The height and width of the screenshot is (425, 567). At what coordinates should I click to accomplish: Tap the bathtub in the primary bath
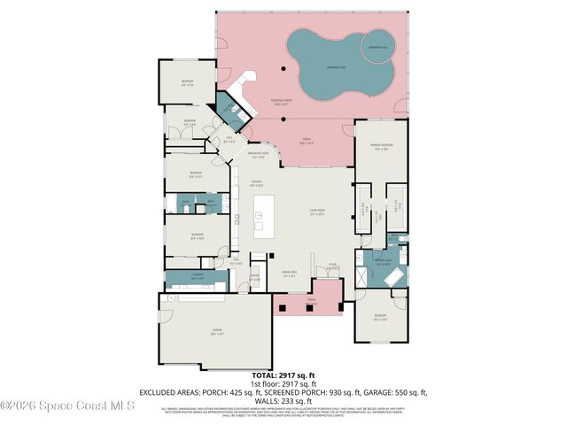click(x=394, y=277)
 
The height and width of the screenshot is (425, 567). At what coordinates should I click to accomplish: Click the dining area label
click(x=289, y=274)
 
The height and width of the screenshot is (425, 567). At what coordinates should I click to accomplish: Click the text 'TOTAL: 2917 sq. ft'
click(x=283, y=375)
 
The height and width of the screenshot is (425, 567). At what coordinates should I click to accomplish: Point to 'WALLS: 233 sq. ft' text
click(x=283, y=399)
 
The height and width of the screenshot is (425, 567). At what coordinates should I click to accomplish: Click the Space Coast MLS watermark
click(x=67, y=406)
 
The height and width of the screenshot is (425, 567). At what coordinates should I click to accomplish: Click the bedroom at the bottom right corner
click(x=380, y=319)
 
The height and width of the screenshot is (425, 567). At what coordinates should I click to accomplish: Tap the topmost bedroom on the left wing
click(x=188, y=82)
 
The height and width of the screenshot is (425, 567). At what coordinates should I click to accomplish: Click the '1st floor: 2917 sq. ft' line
click(x=283, y=383)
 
